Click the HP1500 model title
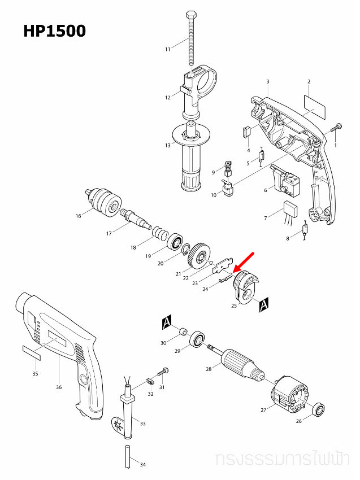(x=54, y=30)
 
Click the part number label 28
(x=209, y=369)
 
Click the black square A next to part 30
(x=166, y=322)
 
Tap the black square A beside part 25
(x=263, y=306)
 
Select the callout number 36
(x=59, y=387)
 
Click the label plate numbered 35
(x=32, y=353)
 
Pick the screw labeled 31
(x=164, y=373)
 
